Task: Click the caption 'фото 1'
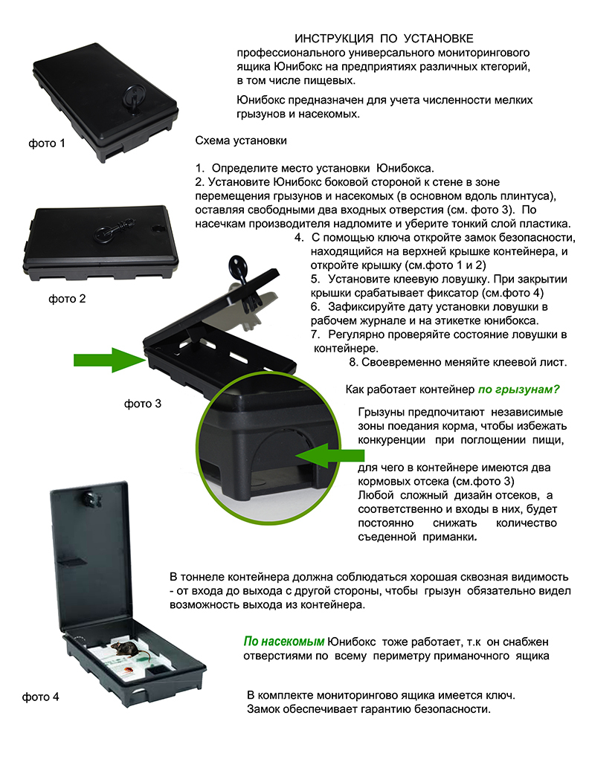(47, 143)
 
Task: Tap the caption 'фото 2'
(67, 299)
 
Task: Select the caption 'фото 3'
(142, 404)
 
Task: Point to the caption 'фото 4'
(40, 697)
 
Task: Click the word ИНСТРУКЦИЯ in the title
(334, 39)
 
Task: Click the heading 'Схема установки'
(241, 141)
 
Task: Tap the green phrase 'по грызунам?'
(519, 390)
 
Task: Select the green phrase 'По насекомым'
(284, 642)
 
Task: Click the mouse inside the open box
(127, 648)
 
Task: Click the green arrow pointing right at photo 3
(109, 360)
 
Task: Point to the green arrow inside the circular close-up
(329, 456)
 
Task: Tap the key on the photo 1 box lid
(132, 97)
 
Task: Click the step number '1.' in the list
(200, 168)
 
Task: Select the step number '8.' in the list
(353, 362)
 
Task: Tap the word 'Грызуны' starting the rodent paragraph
(381, 413)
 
